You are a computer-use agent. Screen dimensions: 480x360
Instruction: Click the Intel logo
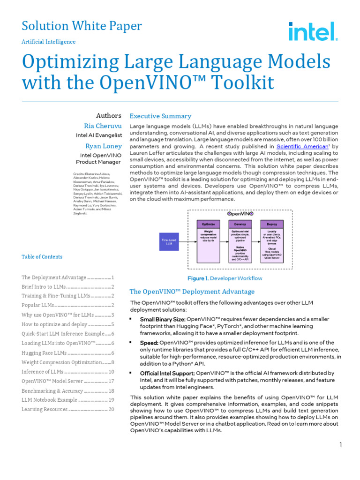[313, 31]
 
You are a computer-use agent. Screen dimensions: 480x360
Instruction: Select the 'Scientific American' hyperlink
[302, 146]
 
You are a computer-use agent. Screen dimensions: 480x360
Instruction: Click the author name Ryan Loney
[103, 146]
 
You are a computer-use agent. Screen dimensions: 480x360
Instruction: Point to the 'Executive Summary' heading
[160, 116]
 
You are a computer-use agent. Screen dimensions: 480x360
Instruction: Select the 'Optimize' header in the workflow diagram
[208, 224]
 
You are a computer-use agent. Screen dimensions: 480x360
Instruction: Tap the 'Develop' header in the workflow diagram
[240, 224]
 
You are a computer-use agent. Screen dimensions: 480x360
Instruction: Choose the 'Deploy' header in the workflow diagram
[272, 224]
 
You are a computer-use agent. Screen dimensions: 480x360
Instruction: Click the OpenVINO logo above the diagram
[240, 213]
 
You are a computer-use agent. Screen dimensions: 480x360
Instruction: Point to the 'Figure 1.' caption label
[197, 278]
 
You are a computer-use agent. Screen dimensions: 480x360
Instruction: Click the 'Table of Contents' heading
[42, 257]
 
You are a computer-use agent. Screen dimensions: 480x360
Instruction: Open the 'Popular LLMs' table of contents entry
[68, 306]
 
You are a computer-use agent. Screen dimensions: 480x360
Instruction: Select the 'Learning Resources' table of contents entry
[68, 409]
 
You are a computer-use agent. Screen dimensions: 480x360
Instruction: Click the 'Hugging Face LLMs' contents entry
[68, 353]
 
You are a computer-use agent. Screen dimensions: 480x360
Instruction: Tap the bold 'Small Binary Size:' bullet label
[162, 320]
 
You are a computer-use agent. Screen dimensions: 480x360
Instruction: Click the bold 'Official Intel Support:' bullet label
[167, 373]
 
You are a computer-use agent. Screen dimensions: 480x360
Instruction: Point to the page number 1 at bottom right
[341, 445]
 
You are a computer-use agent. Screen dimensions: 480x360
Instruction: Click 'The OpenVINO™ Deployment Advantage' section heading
[192, 292]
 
